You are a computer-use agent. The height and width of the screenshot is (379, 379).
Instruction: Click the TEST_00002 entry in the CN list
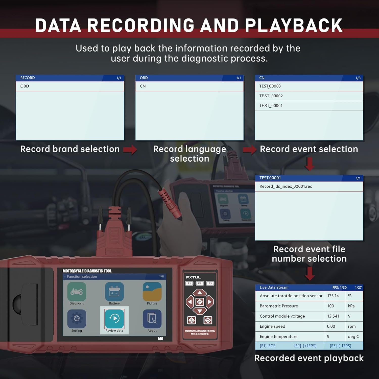[271, 96]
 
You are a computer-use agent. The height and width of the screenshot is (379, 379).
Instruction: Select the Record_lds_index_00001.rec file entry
[286, 186]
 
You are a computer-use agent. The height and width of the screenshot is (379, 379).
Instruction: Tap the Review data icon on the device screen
[114, 319]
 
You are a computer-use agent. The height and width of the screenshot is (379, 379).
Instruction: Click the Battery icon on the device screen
[114, 292]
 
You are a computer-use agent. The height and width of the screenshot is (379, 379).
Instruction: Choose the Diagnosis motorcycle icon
[77, 292]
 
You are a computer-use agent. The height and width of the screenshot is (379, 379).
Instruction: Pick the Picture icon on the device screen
[152, 292]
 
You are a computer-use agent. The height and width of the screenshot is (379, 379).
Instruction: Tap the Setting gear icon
[77, 319]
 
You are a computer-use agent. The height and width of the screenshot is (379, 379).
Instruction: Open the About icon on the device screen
[152, 319]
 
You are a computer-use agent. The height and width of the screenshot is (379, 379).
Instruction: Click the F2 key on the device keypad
[200, 283]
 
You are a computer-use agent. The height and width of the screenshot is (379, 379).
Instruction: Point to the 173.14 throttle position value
[333, 296]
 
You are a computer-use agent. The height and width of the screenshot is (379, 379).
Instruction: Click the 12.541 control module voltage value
[333, 316]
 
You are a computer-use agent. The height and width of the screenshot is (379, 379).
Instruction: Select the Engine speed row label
[272, 326]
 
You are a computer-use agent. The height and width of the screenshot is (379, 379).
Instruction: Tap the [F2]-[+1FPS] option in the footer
[305, 346]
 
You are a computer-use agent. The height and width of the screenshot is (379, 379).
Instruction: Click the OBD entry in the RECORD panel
[25, 86]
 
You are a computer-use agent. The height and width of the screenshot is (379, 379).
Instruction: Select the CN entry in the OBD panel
[143, 86]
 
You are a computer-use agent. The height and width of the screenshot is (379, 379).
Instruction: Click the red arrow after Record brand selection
[130, 150]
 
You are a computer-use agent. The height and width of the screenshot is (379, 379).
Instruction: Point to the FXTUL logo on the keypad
[194, 277]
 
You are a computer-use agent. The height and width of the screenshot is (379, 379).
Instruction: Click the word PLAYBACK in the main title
[293, 26]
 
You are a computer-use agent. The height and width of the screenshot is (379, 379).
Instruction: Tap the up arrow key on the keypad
[200, 293]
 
